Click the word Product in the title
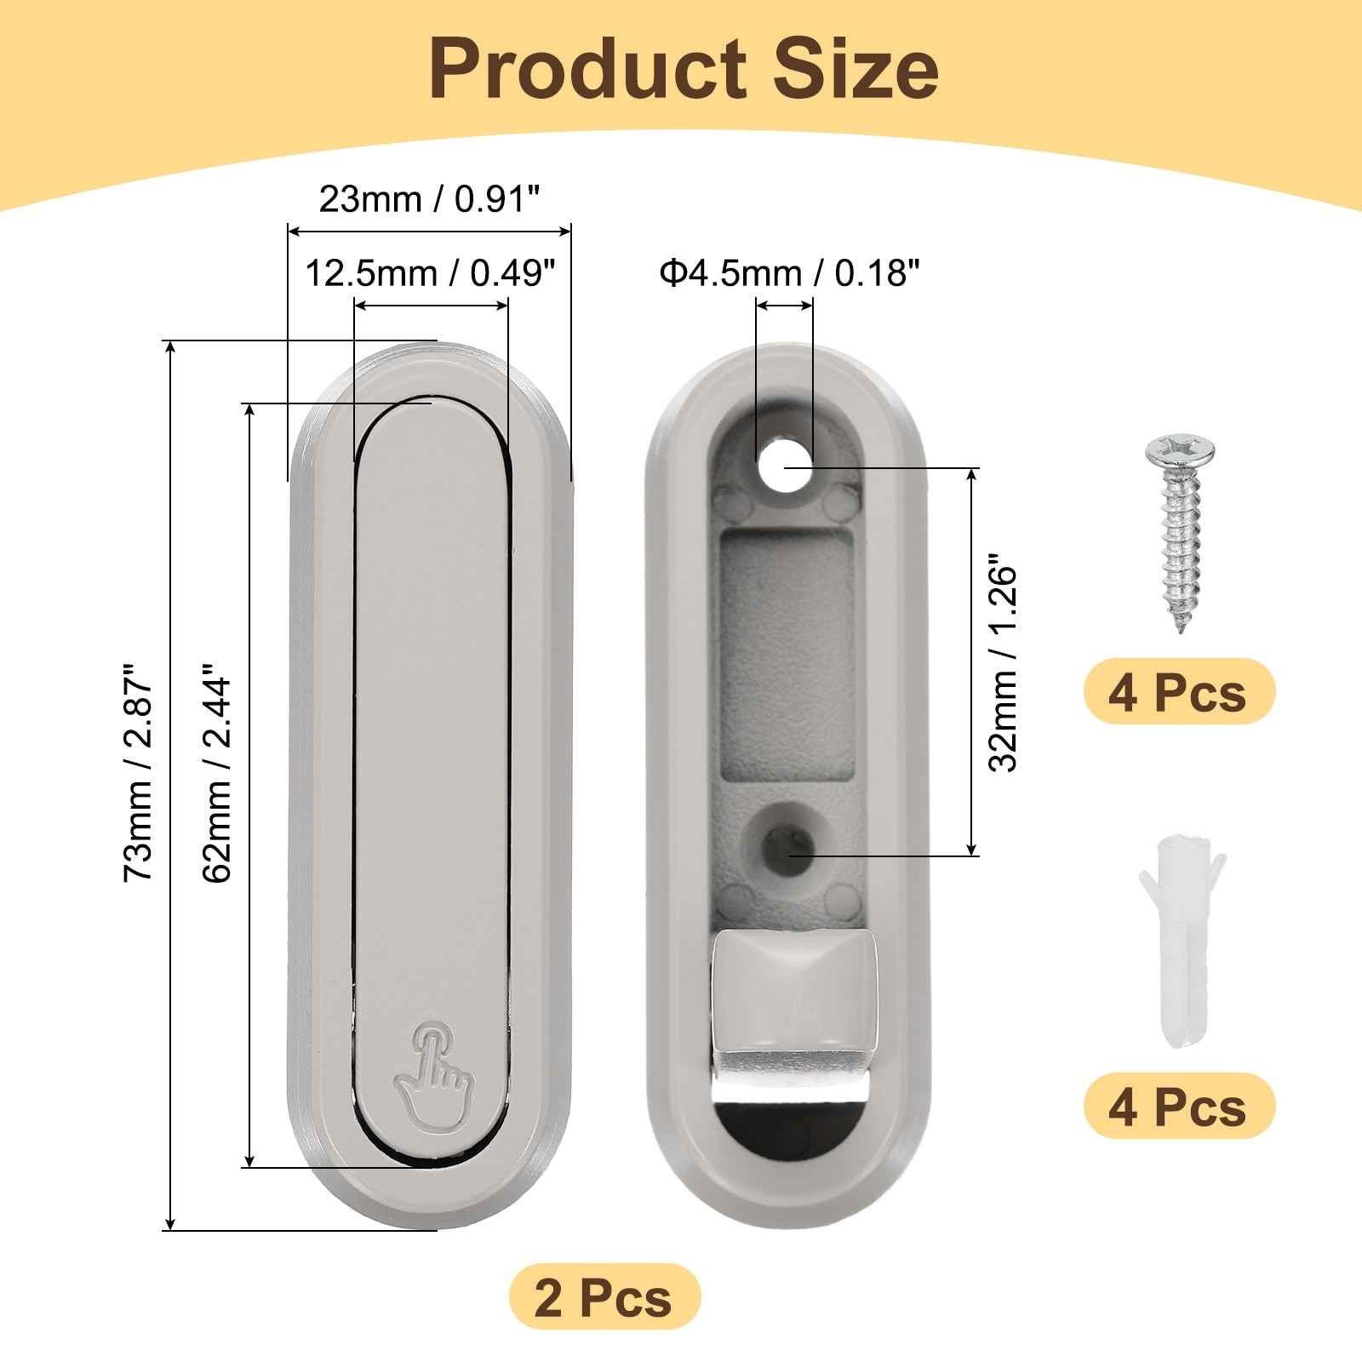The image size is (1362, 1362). (x=588, y=70)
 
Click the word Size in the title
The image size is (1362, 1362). (x=856, y=70)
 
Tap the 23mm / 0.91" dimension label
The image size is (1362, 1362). (x=429, y=199)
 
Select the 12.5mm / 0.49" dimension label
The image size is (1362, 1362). (x=430, y=273)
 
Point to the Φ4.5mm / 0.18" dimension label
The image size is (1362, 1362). (x=790, y=273)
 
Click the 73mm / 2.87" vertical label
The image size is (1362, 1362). (x=139, y=772)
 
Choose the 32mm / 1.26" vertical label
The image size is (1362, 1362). (x=1003, y=663)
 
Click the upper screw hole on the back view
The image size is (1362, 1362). (x=785, y=466)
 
